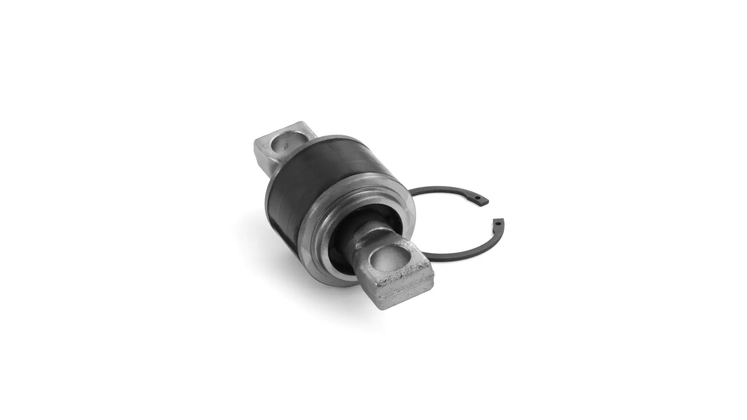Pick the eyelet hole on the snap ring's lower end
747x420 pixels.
498,223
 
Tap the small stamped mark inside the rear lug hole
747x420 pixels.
286,147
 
